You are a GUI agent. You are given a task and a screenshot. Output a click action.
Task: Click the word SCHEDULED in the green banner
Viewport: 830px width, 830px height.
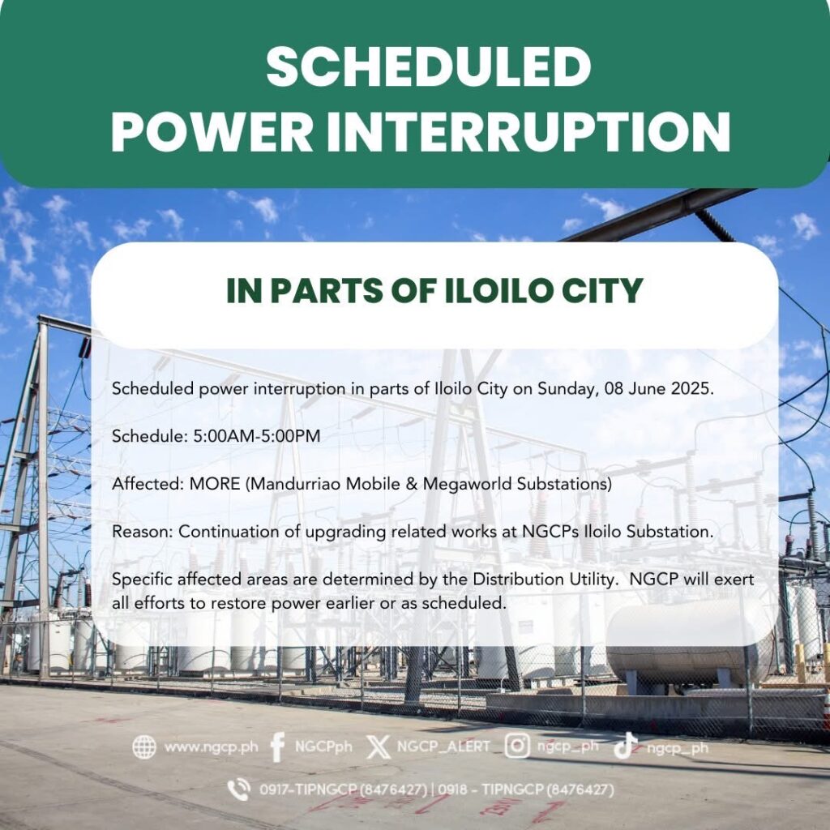point(428,66)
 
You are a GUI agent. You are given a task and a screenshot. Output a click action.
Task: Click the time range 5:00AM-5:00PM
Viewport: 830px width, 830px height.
point(257,436)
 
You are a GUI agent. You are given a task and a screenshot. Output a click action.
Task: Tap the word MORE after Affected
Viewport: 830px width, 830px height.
point(214,484)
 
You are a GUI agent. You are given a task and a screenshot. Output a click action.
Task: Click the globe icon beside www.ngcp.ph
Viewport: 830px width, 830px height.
point(144,747)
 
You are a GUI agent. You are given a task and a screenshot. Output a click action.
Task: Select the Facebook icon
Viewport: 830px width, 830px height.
point(277,747)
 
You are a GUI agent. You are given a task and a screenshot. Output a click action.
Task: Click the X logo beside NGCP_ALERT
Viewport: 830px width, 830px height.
point(378,747)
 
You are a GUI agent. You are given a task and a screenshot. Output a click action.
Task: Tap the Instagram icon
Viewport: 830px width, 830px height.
point(517,746)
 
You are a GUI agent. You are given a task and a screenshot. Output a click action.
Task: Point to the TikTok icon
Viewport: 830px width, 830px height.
point(625,746)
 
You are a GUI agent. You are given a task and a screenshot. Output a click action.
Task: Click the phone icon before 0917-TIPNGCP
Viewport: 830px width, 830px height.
point(239,789)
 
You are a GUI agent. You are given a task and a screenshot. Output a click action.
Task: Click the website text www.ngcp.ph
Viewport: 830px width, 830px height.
point(212,747)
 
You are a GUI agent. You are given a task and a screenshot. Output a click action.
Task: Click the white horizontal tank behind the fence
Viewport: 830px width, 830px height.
point(689,647)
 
